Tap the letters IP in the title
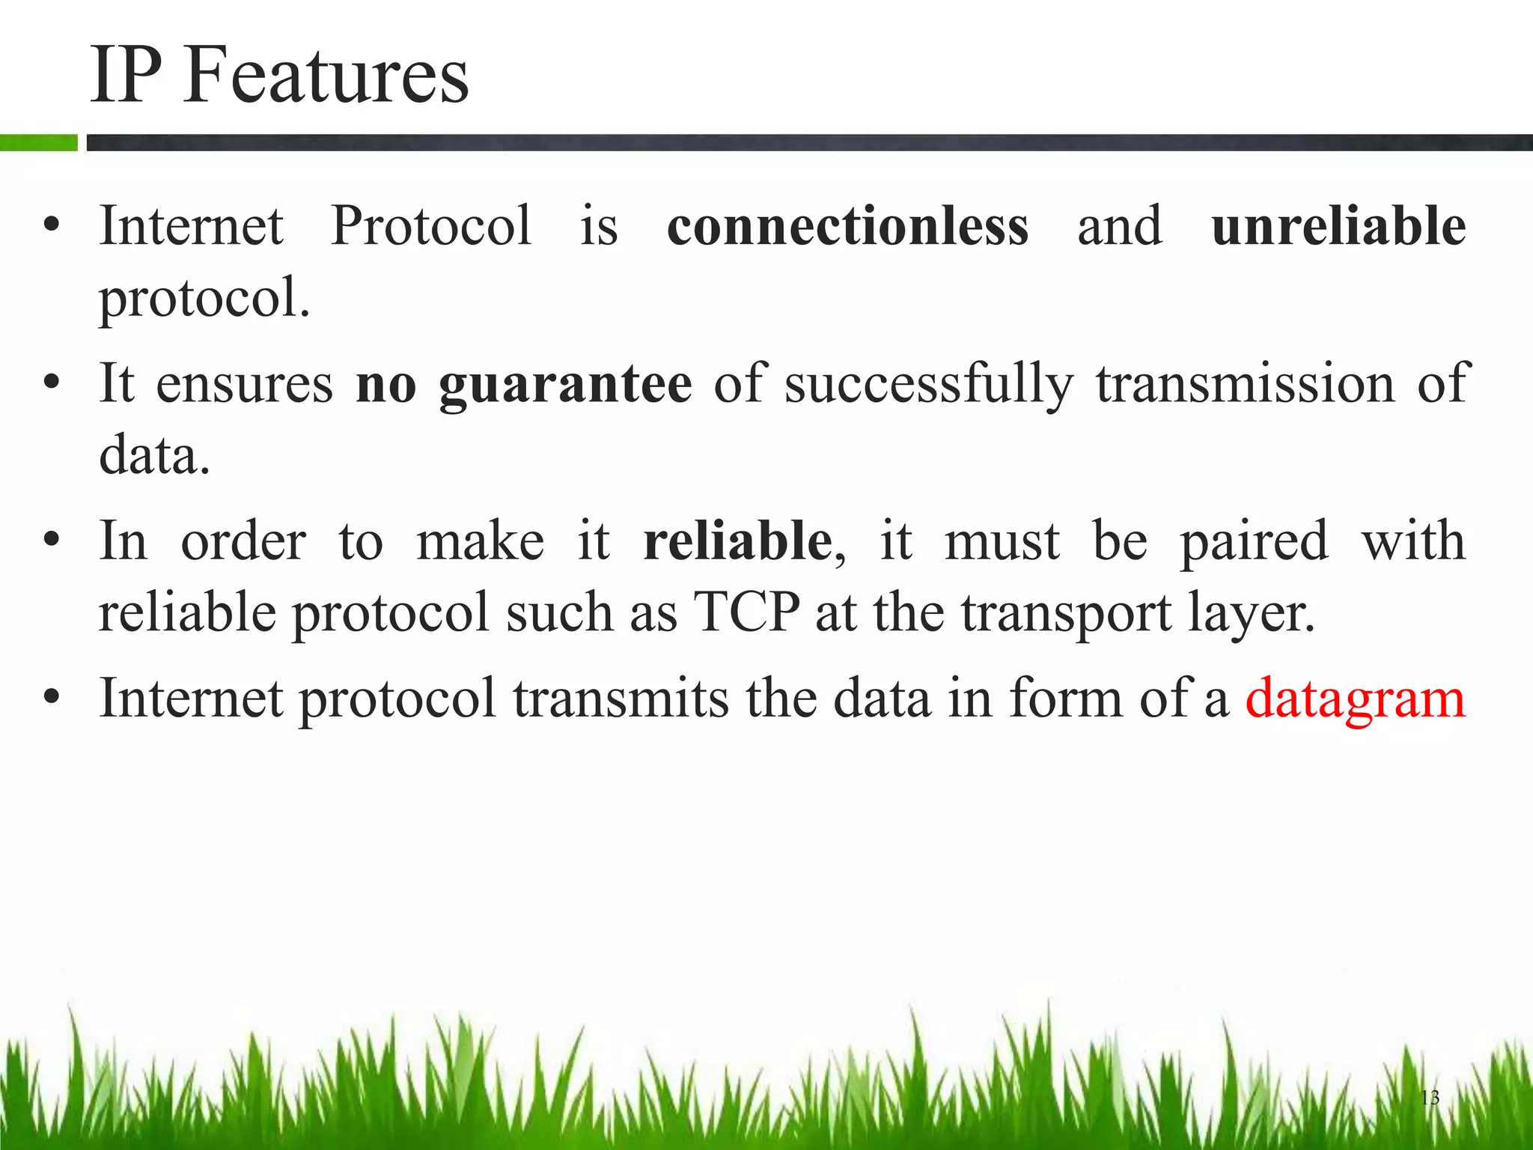(126, 75)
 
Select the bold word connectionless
(847, 225)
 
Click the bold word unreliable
(1338, 225)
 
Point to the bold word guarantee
(565, 384)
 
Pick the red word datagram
(1355, 699)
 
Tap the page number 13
(1429, 1098)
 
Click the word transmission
(1246, 384)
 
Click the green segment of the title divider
(38, 142)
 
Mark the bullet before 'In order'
(51, 540)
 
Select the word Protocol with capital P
(431, 225)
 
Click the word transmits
(621, 699)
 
